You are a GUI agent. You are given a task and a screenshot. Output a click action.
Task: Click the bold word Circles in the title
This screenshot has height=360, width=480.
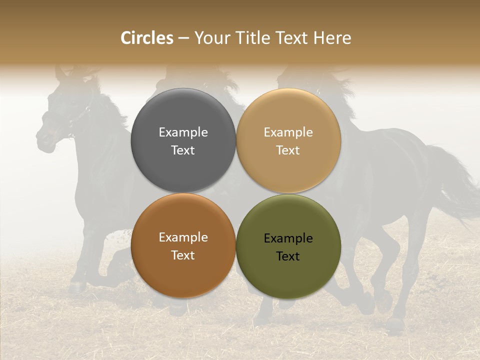(x=147, y=38)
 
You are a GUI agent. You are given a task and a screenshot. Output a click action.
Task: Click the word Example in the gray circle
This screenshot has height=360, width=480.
(x=183, y=132)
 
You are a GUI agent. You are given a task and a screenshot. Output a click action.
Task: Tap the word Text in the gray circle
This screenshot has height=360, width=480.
(x=183, y=150)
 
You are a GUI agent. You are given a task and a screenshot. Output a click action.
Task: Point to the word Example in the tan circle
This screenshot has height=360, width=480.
(x=288, y=132)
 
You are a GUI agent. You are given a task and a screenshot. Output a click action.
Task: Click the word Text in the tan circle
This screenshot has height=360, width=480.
(x=288, y=150)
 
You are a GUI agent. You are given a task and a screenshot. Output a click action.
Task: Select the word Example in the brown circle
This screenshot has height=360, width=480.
(x=183, y=237)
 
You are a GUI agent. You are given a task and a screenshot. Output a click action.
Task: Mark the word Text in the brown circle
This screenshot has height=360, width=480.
(x=183, y=255)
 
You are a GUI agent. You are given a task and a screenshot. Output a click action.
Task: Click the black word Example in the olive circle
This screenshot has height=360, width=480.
(x=288, y=238)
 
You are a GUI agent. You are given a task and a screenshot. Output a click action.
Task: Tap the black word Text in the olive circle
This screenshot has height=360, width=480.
(x=288, y=256)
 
